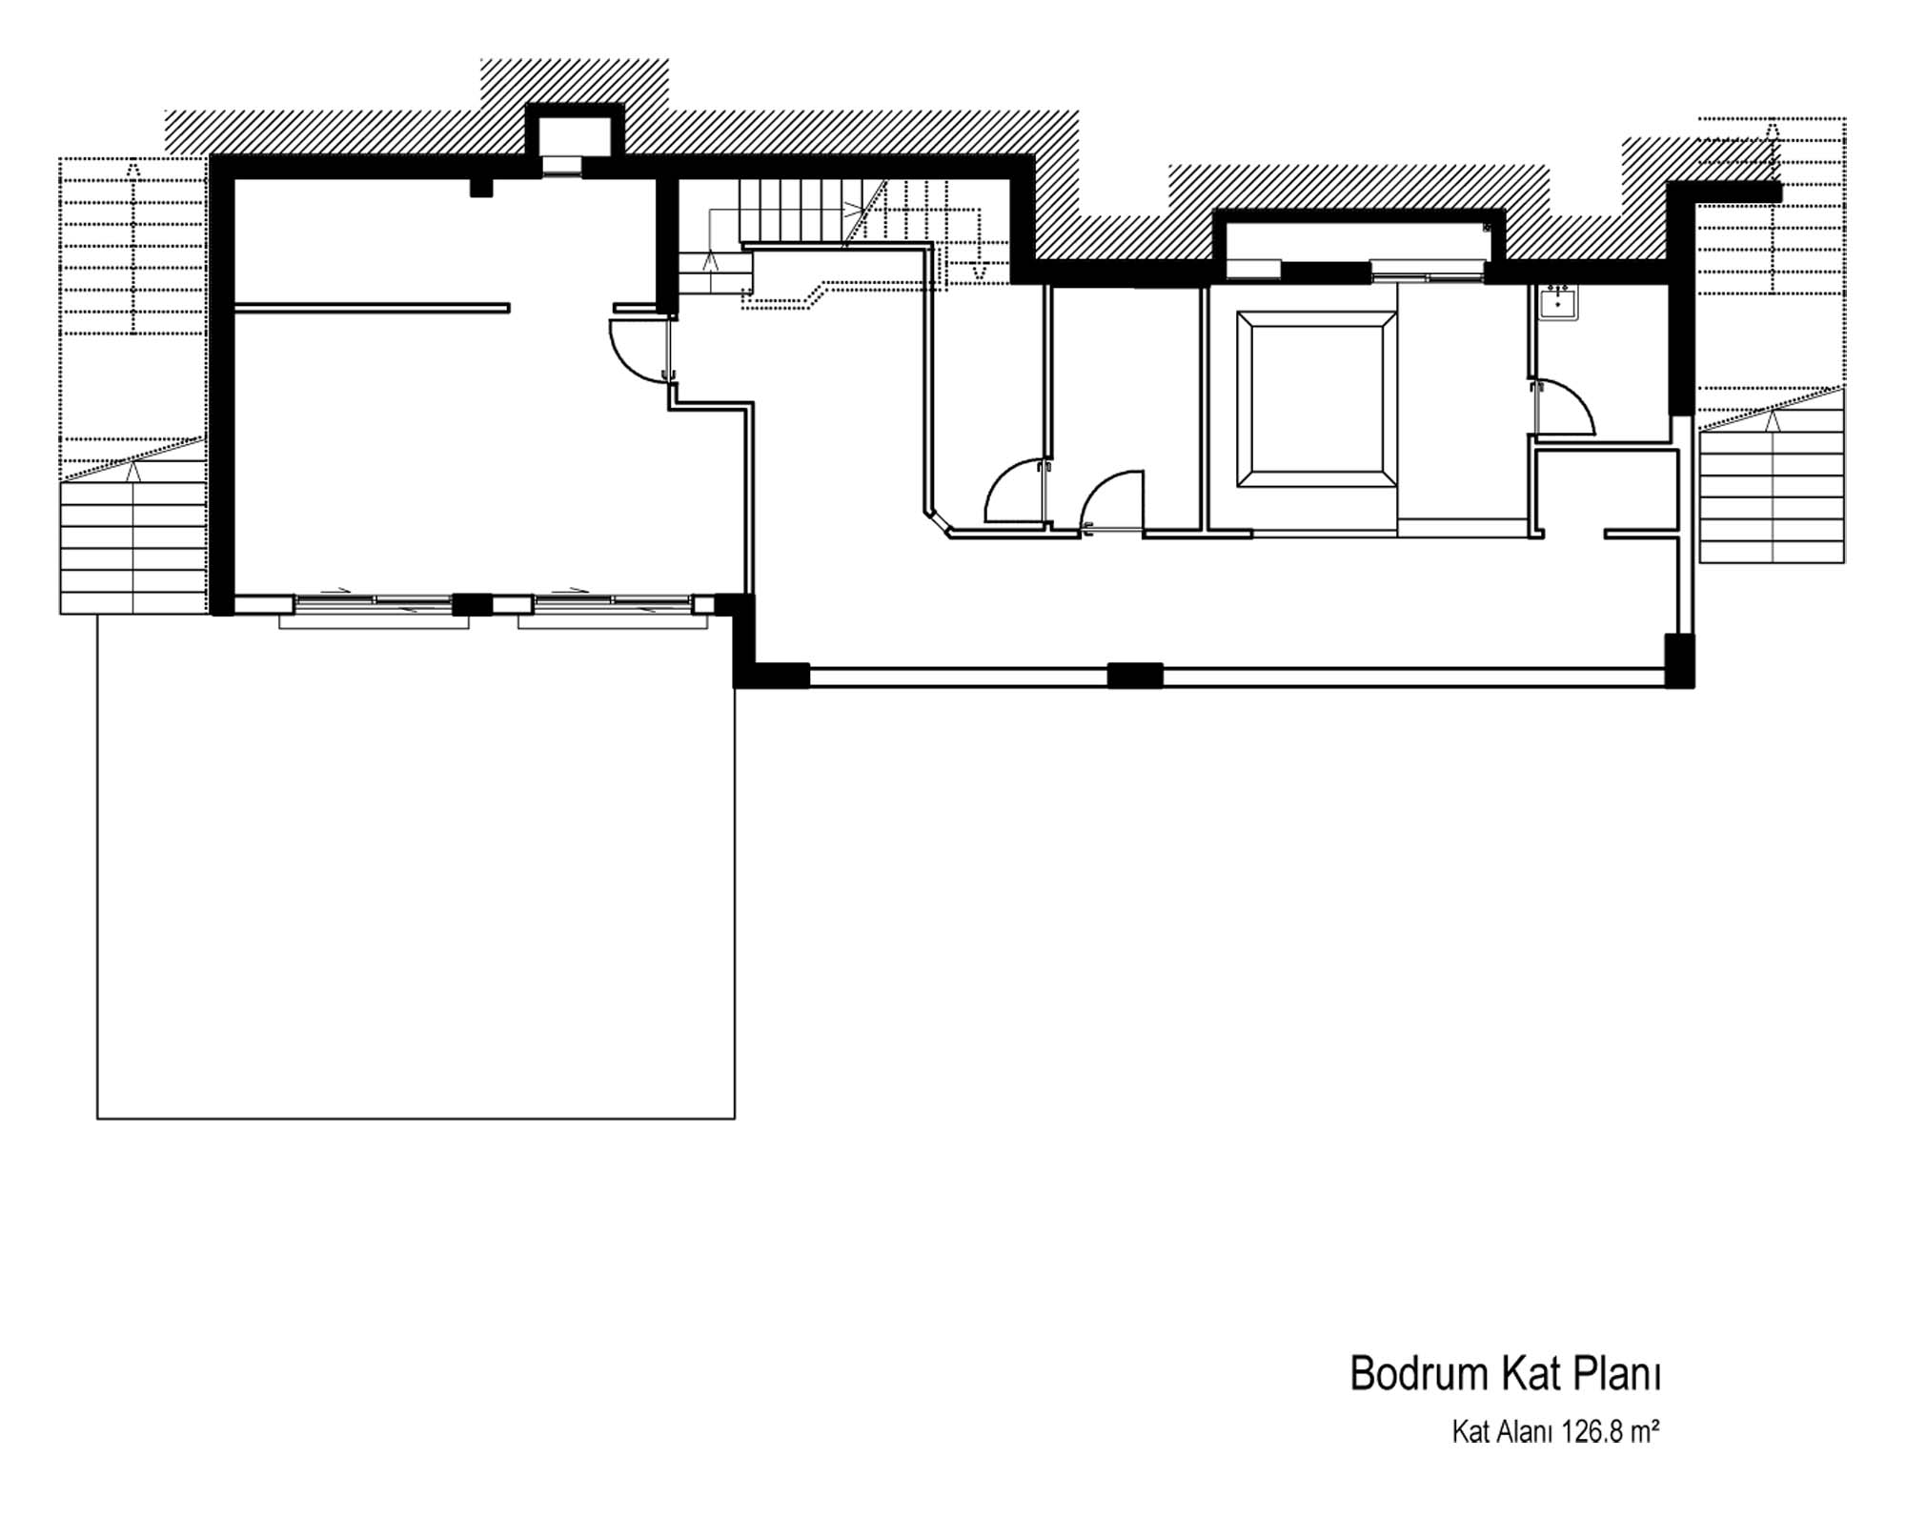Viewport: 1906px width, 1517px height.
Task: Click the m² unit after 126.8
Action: point(1644,1459)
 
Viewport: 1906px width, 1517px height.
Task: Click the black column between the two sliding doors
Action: point(471,604)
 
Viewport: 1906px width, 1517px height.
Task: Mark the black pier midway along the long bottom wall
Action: point(1135,676)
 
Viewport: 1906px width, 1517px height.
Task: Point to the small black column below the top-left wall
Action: point(481,187)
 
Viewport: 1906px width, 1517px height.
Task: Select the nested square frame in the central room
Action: point(1311,399)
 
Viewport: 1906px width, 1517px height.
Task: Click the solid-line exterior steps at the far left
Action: point(132,548)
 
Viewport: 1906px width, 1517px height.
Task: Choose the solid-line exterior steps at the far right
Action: point(1773,496)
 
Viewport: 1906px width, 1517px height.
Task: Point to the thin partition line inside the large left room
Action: point(372,308)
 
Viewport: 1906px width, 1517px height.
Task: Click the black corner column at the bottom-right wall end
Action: point(1679,660)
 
